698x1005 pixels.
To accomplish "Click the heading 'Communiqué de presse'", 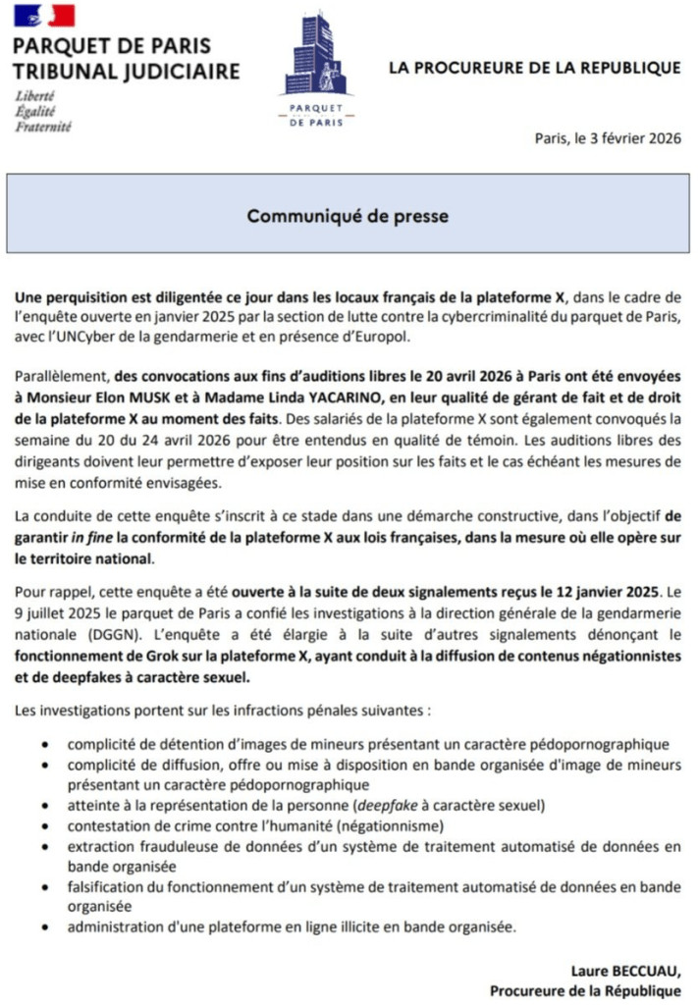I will tap(348, 215).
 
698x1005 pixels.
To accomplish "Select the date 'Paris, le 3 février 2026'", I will tap(607, 138).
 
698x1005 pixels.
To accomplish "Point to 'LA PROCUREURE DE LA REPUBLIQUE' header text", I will tap(534, 68).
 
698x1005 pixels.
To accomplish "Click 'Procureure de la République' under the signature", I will tap(585, 989).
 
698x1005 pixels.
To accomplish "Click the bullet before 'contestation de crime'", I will tap(47, 825).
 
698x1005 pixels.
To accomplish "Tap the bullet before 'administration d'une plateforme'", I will tap(47, 926).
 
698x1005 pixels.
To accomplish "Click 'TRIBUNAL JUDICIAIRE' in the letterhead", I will tap(126, 71).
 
